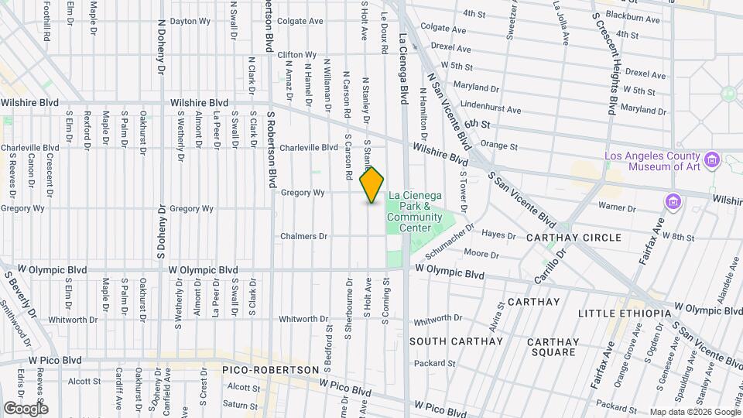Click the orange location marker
(x=371, y=185)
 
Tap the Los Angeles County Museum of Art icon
(x=713, y=161)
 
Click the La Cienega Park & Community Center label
(x=415, y=206)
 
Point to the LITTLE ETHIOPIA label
(x=625, y=313)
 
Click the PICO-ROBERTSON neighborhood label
(x=270, y=370)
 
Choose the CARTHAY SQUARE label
(x=553, y=347)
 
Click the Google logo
(x=26, y=408)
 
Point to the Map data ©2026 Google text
(x=693, y=411)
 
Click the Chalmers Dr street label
(x=304, y=236)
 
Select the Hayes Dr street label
(x=498, y=235)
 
